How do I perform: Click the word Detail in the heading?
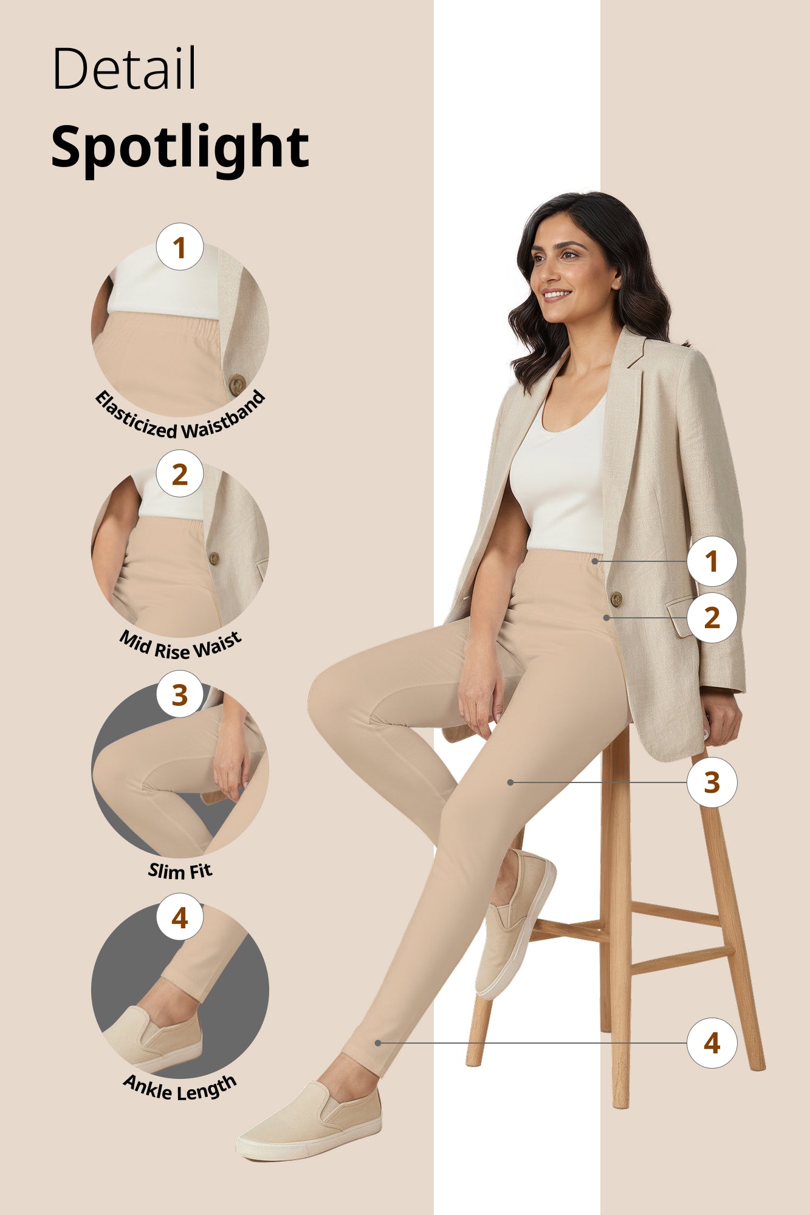click(124, 68)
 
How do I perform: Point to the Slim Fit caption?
click(180, 871)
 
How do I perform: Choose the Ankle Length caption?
click(180, 1088)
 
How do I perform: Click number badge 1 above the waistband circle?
click(179, 247)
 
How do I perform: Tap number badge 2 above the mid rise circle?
click(179, 474)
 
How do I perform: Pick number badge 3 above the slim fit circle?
click(179, 694)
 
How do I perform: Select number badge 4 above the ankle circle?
click(179, 917)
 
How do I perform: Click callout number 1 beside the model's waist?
click(712, 561)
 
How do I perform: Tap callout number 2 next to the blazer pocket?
click(712, 618)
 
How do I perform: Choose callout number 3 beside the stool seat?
click(712, 782)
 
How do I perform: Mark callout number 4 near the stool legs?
click(712, 1043)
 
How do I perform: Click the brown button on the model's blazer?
click(616, 599)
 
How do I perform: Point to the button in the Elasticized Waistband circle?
click(237, 385)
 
